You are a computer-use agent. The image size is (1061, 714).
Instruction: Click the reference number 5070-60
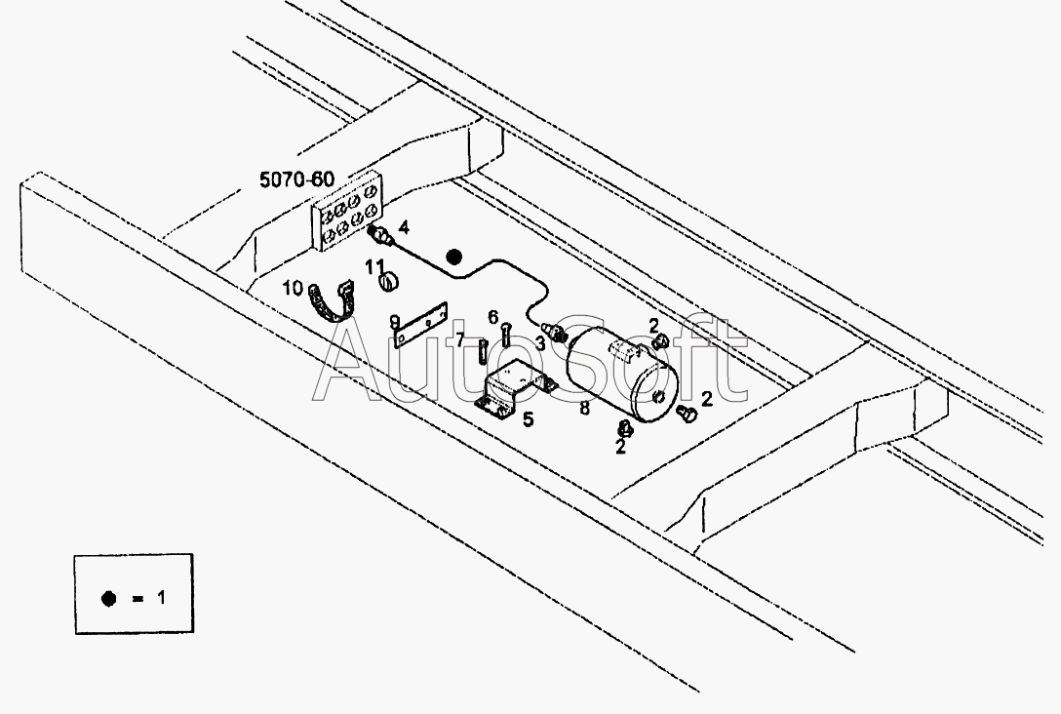pos(297,179)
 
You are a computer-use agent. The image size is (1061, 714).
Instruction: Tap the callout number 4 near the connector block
pos(404,226)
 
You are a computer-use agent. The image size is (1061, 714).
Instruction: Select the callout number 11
pos(375,266)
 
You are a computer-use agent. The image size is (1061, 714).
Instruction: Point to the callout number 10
pos(293,289)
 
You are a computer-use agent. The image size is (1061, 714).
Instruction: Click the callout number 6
pos(492,317)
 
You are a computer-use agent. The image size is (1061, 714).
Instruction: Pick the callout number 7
pos(460,339)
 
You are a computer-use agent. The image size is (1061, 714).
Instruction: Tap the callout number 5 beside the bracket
pos(528,419)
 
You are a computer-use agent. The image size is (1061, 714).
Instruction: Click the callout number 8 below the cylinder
pos(585,408)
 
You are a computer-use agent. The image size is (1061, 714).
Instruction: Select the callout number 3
pos(540,343)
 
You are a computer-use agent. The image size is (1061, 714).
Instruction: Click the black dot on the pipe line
pos(454,258)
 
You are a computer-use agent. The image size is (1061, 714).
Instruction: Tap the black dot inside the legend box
pos(108,599)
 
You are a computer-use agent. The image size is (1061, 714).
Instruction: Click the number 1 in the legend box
pos(161,598)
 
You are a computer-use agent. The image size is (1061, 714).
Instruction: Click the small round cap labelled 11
pos(389,281)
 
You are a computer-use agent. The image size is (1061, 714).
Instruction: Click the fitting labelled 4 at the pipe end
pos(381,236)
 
